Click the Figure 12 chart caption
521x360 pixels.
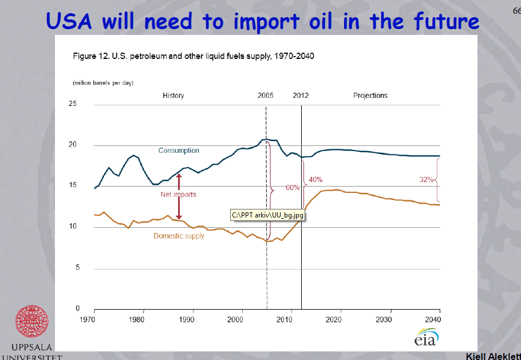coord(194,56)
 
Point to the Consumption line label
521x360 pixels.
coord(179,151)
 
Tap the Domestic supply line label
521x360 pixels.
coord(179,236)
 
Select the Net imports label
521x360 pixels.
coord(178,195)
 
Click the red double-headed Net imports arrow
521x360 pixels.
coord(179,197)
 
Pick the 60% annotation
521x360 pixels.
coord(292,187)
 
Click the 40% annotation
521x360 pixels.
coord(315,179)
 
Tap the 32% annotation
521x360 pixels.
coord(427,179)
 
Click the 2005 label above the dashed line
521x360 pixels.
coord(266,96)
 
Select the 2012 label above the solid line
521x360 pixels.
coord(301,96)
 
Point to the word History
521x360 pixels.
coord(173,96)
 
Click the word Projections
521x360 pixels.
coord(370,96)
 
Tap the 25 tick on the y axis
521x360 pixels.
coord(72,104)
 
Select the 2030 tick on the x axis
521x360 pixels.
coord(390,318)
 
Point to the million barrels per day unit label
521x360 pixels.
coord(102,83)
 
